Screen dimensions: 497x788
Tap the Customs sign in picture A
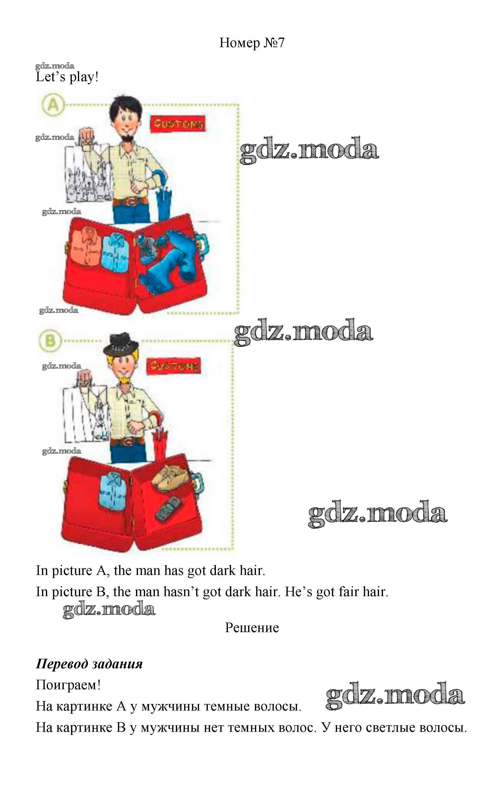[178, 124]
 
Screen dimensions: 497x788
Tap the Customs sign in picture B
[173, 366]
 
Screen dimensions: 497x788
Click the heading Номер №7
[252, 43]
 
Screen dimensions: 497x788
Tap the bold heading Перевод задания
[89, 664]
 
